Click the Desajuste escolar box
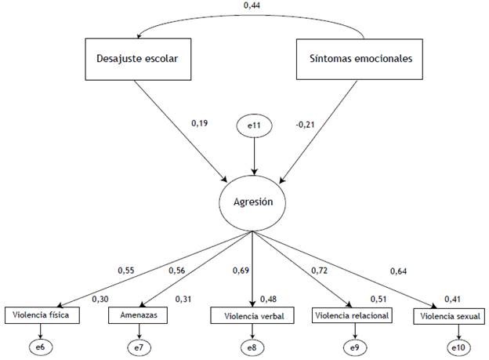click(x=138, y=58)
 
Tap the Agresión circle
click(x=252, y=201)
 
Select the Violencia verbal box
click(x=252, y=317)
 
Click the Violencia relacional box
click(x=351, y=316)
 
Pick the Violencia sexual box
click(x=449, y=317)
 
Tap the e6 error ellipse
click(x=42, y=345)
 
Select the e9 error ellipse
click(x=351, y=345)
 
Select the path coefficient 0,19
click(x=201, y=123)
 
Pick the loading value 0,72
click(x=319, y=271)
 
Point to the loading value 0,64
click(x=400, y=272)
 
